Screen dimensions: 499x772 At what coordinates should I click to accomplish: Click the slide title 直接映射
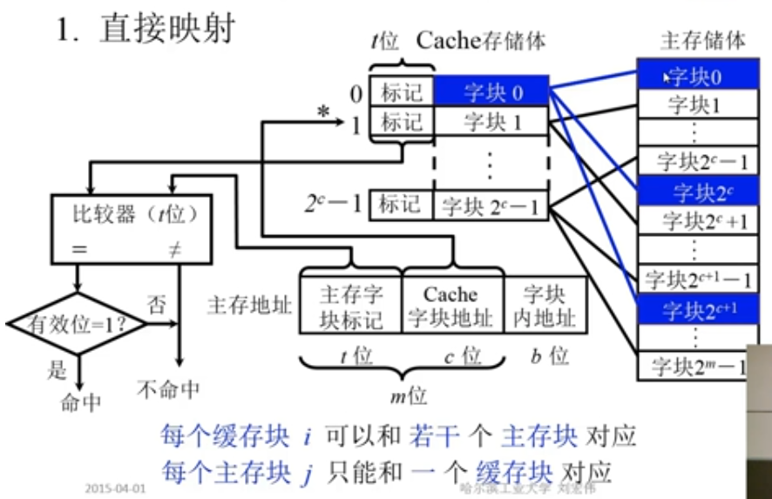pos(166,28)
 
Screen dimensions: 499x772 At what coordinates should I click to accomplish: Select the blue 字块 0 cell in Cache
pos(492,91)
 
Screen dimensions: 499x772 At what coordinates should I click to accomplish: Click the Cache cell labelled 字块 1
pos(492,122)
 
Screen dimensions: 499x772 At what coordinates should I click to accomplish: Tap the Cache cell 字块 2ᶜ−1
pos(490,206)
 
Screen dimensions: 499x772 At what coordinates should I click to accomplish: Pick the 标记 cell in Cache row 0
pos(401,91)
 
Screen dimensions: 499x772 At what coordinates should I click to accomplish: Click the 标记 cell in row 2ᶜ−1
pos(401,205)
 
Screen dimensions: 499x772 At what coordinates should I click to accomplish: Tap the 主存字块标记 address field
pos(350,307)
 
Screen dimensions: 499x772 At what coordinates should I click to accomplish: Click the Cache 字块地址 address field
pos(450,307)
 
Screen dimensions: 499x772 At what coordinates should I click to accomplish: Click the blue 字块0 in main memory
pos(693,76)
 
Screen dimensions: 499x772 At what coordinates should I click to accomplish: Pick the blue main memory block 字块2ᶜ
pos(693,191)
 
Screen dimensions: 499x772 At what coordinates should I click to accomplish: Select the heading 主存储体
pos(702,40)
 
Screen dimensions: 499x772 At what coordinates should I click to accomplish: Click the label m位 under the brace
pos(407,396)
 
